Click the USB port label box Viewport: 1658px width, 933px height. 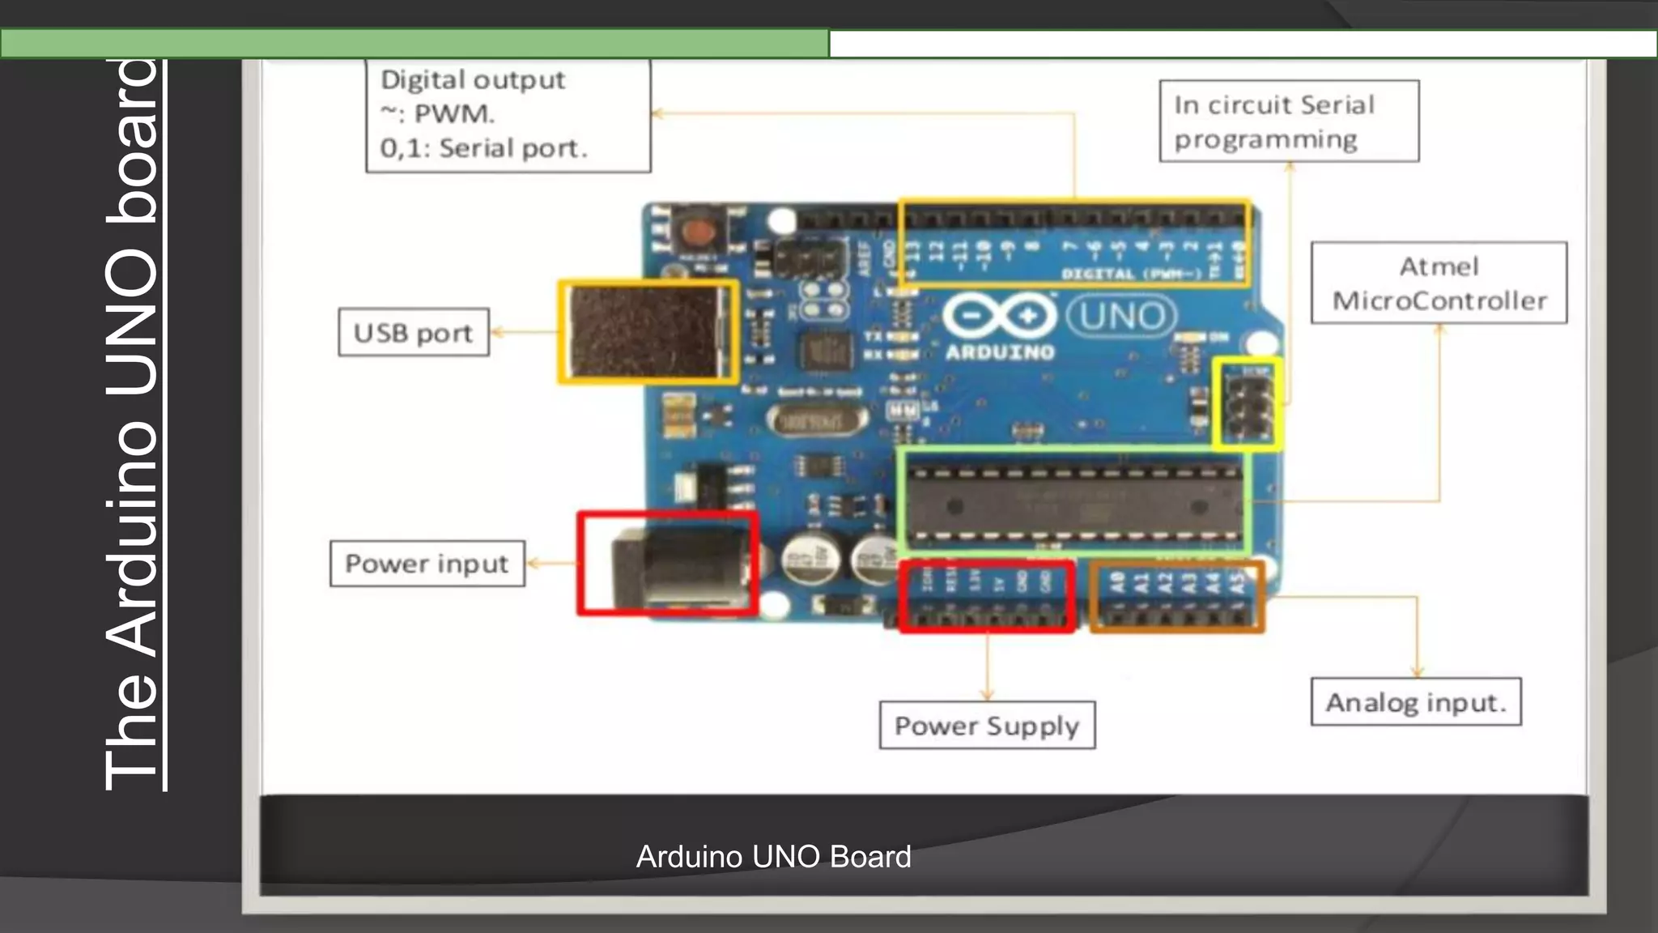pyautogui.click(x=414, y=332)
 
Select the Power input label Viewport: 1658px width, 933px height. pyautogui.click(x=427, y=563)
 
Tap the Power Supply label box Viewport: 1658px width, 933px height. pyautogui.click(x=987, y=725)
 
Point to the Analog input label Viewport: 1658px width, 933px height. pyautogui.click(x=1416, y=701)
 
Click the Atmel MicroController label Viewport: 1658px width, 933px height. pyautogui.click(x=1439, y=283)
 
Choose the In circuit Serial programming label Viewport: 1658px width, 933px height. pyautogui.click(x=1289, y=121)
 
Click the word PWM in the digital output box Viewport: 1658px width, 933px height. pyautogui.click(x=453, y=114)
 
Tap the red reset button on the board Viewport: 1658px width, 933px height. pyautogui.click(x=695, y=232)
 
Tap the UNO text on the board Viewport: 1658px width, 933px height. pyautogui.click(x=1121, y=316)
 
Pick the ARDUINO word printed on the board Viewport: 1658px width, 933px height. pyautogui.click(x=1001, y=352)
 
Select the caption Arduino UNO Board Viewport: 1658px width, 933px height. pyautogui.click(x=773, y=857)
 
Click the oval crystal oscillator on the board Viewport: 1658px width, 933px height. pyautogui.click(x=816, y=420)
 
